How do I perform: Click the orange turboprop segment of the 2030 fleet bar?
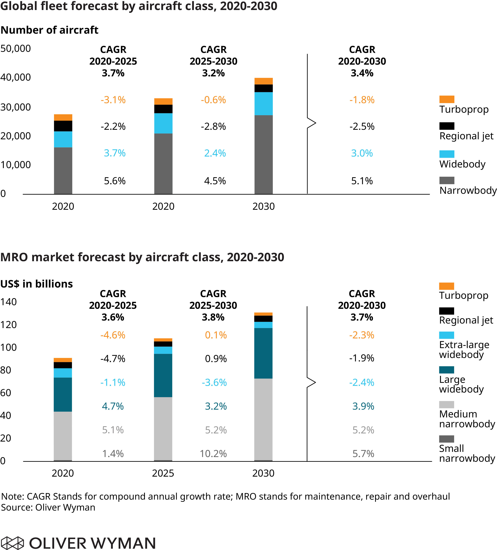click(264, 81)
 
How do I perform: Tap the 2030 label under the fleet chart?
click(264, 206)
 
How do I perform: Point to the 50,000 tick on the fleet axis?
click(15, 49)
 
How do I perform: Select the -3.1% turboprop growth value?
click(113, 100)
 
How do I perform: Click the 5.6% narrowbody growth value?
click(115, 181)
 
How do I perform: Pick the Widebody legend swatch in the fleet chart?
click(447, 154)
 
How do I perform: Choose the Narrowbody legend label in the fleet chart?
click(468, 190)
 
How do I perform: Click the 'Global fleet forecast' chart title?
click(139, 6)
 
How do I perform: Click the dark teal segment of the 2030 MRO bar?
click(263, 353)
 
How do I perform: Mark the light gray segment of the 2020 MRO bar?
click(63, 436)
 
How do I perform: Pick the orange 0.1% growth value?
click(216, 335)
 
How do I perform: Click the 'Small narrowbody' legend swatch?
click(447, 439)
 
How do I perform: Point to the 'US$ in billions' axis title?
click(37, 284)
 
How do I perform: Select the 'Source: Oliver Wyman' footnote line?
click(48, 507)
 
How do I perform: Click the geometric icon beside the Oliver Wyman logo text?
click(12, 543)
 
